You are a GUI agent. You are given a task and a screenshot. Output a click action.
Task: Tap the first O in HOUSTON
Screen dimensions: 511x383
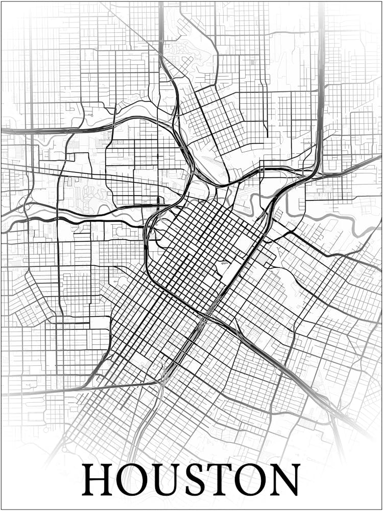(132, 480)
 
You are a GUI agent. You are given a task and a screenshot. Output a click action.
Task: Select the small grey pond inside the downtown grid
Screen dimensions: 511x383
(223, 264)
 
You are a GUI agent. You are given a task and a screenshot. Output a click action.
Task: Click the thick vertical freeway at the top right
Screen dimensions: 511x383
(321, 51)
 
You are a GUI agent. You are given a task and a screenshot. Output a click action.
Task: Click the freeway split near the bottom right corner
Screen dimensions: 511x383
(332, 409)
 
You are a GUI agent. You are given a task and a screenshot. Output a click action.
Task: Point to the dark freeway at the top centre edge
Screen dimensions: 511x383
(161, 20)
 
